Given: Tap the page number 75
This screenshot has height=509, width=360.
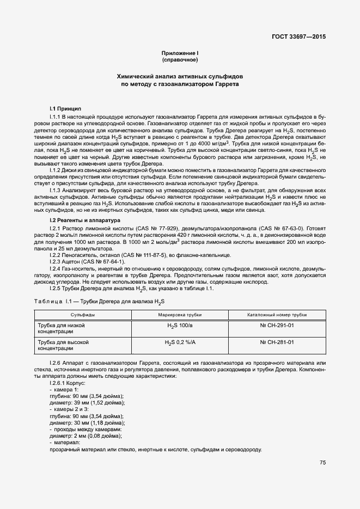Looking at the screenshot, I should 323,463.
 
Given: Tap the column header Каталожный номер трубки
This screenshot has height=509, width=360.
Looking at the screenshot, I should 277,315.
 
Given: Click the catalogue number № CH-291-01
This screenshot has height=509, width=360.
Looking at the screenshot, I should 277,326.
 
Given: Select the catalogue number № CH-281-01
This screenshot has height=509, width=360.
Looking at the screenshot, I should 277,342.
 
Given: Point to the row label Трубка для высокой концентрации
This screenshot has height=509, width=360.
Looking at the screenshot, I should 62,345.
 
